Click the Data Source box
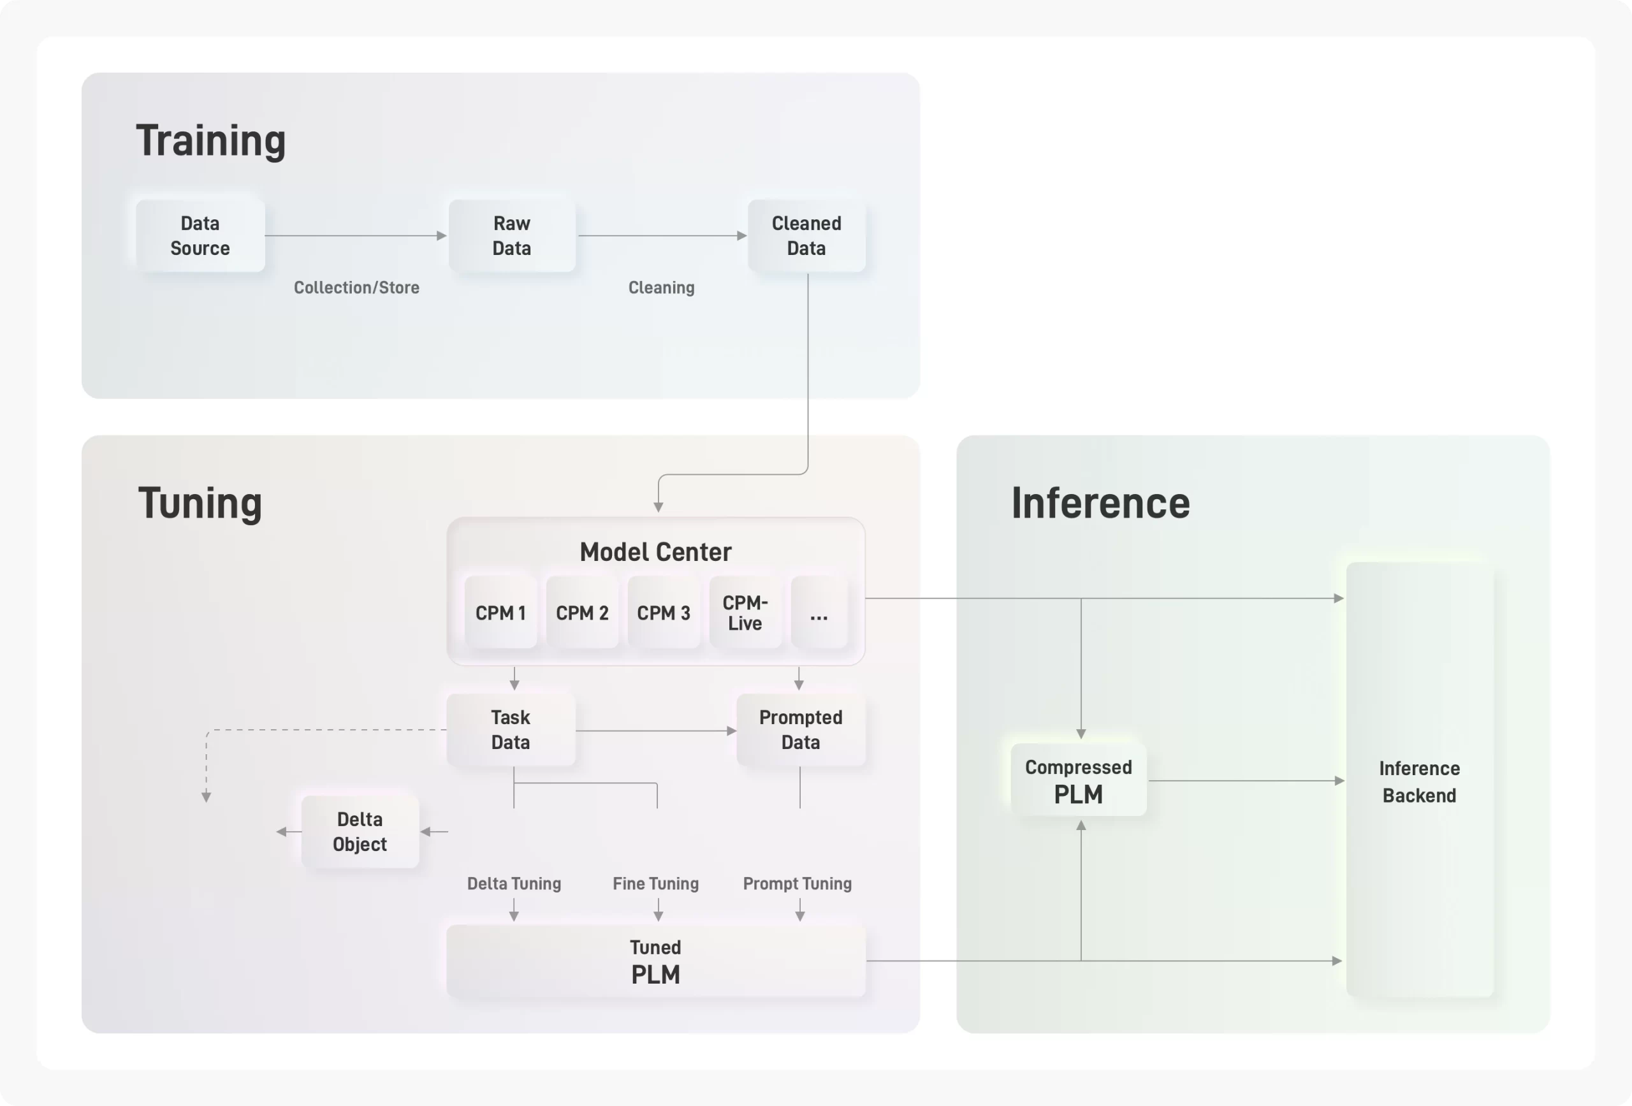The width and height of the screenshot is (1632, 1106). [x=200, y=236]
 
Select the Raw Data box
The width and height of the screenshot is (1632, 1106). [x=512, y=236]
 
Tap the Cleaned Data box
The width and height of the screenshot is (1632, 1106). [x=806, y=236]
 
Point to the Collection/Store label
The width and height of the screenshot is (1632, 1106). [x=357, y=288]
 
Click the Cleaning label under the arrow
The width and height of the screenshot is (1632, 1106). [x=662, y=288]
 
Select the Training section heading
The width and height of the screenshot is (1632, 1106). [x=210, y=141]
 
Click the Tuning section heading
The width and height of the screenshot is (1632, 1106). [x=200, y=504]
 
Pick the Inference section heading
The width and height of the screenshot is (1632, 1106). [x=1100, y=504]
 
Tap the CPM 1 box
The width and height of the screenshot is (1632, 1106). [x=500, y=613]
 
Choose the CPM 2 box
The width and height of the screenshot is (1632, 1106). [x=582, y=613]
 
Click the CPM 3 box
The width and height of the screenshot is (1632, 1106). [x=664, y=613]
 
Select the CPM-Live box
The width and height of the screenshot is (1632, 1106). [x=745, y=613]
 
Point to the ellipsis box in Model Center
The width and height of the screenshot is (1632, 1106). [x=819, y=613]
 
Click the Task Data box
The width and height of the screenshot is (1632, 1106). [x=511, y=731]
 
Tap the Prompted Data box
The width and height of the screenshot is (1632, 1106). [x=801, y=731]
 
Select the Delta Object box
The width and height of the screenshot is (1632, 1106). [x=360, y=832]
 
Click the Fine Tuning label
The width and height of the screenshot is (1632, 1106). [x=656, y=884]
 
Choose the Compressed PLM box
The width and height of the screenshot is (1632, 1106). [x=1079, y=780]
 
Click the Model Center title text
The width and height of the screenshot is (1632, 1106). [x=656, y=552]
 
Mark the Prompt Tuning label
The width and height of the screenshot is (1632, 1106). [x=798, y=884]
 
